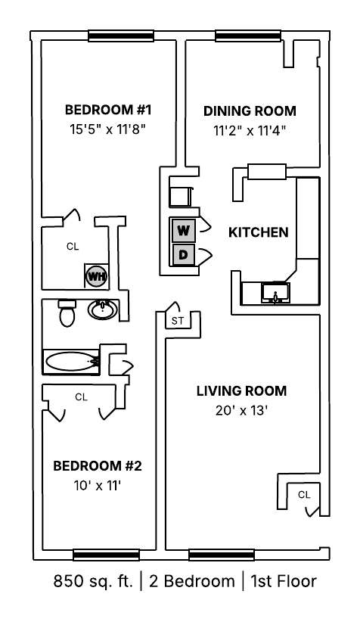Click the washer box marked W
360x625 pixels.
coord(183,230)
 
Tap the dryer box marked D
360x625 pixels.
coord(183,255)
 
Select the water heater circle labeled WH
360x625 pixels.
coord(96,276)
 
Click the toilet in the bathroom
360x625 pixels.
coord(67,313)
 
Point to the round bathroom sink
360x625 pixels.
coord(102,309)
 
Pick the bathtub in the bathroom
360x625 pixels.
coord(71,362)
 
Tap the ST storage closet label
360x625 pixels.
coord(178,321)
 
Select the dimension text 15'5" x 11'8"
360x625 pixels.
coord(107,129)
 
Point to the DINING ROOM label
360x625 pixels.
coord(250,110)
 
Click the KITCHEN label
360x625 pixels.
coord(259,232)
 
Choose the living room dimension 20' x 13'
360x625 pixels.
coord(241,411)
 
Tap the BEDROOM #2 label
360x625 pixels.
coord(97,465)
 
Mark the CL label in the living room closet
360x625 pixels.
coord(304,495)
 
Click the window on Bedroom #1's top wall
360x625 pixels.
coord(121,36)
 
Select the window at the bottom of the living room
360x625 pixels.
coord(221,555)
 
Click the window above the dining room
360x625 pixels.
coord(248,36)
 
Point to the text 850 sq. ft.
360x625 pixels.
coord(93,581)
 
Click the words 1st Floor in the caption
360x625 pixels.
coord(283,581)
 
